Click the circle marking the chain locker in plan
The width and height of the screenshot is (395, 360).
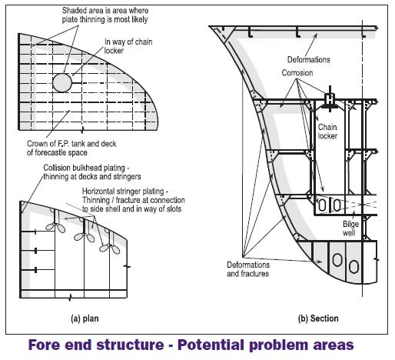point(61,82)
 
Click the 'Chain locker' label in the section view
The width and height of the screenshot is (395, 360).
point(328,131)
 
